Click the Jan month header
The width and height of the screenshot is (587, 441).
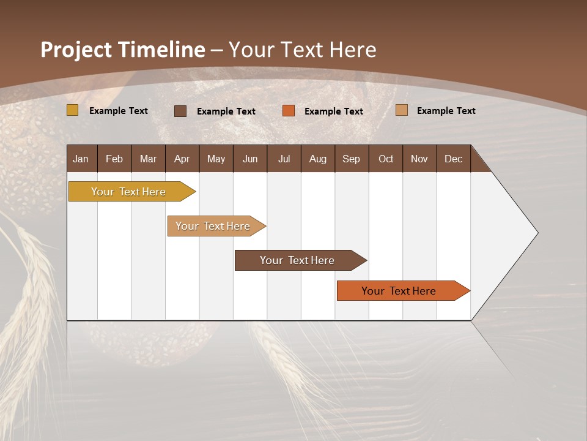pos(81,159)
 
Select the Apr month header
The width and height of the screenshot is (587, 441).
pos(182,159)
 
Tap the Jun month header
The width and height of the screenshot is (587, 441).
pos(249,159)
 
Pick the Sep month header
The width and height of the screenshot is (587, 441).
pos(351,159)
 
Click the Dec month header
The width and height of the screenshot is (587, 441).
pos(453,159)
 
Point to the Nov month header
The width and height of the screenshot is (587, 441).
pos(419,159)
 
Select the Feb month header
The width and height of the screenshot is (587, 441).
pos(114,159)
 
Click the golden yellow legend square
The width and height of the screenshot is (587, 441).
pos(72,110)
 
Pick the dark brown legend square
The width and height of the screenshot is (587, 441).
pos(180,111)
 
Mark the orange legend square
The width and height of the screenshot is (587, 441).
pos(289,111)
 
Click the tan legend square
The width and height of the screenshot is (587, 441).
pos(401,110)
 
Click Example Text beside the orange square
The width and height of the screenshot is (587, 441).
pos(333,111)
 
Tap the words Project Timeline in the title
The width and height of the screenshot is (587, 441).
pos(122,50)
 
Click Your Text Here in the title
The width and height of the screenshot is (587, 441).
pos(303,50)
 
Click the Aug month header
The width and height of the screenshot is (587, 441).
pos(317,159)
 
